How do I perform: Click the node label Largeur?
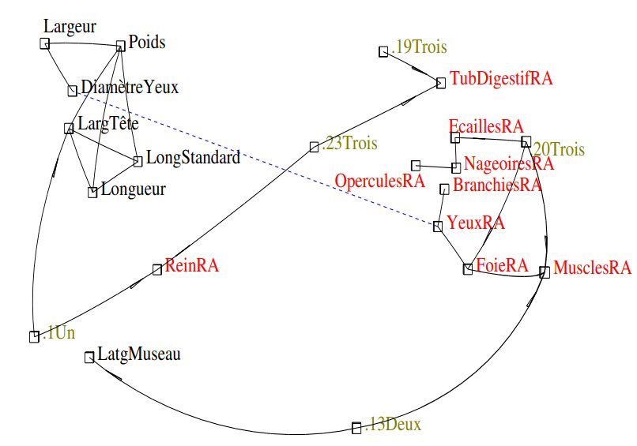click(x=70, y=26)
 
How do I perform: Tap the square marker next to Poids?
click(x=121, y=46)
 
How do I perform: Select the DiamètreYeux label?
click(x=130, y=87)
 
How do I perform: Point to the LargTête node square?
click(x=69, y=128)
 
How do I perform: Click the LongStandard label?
click(x=193, y=158)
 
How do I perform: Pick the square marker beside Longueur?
click(x=92, y=192)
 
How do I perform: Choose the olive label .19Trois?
click(x=419, y=47)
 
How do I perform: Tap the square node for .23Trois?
click(x=314, y=147)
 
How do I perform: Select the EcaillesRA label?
click(x=486, y=127)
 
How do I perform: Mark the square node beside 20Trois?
click(x=526, y=142)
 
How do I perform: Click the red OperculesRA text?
click(x=379, y=181)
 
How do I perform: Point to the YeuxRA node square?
click(x=437, y=227)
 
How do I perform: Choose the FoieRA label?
click(x=502, y=265)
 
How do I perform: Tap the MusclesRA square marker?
click(x=544, y=272)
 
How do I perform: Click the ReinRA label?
click(x=191, y=265)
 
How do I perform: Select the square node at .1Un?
click(x=34, y=337)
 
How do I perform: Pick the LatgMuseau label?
click(x=139, y=354)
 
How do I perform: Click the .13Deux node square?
click(x=356, y=428)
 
